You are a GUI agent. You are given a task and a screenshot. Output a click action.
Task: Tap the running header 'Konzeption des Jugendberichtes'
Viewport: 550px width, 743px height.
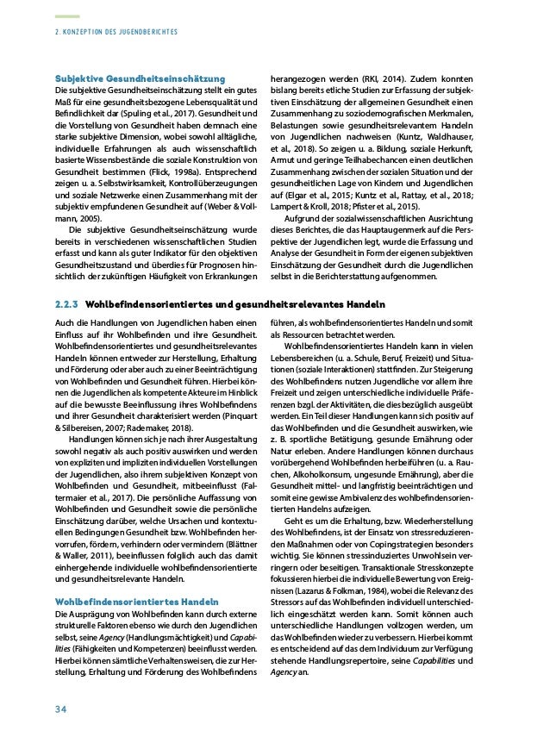[x=121, y=32]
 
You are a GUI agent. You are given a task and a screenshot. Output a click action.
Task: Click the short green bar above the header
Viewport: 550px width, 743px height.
[x=67, y=16]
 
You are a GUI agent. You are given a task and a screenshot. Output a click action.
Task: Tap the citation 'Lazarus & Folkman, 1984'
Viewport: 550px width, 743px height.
[x=347, y=605]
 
